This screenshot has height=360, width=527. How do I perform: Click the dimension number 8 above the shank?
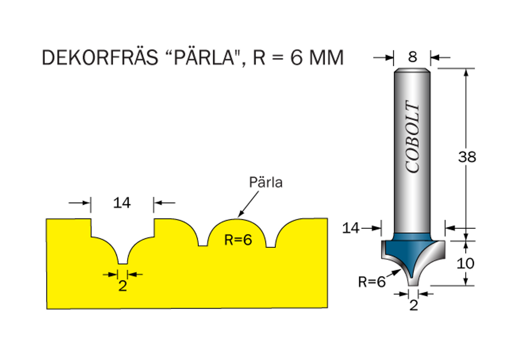click(x=412, y=57)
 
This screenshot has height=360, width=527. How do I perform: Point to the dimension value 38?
click(x=467, y=157)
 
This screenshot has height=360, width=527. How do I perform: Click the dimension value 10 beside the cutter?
click(x=466, y=263)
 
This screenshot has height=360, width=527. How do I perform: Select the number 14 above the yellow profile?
click(x=122, y=203)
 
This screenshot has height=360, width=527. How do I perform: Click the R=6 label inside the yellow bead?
click(x=238, y=240)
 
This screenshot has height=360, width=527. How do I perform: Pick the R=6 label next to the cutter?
click(x=372, y=281)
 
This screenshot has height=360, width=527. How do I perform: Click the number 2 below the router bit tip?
click(x=413, y=305)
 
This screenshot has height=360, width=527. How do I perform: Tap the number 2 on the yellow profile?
click(x=122, y=286)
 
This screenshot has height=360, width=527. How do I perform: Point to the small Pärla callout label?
click(x=266, y=182)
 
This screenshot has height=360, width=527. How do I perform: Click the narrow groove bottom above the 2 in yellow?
click(x=122, y=262)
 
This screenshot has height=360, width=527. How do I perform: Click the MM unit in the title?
click(x=326, y=58)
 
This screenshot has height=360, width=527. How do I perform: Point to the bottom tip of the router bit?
click(x=413, y=284)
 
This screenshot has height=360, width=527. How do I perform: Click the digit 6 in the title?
click(x=296, y=58)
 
